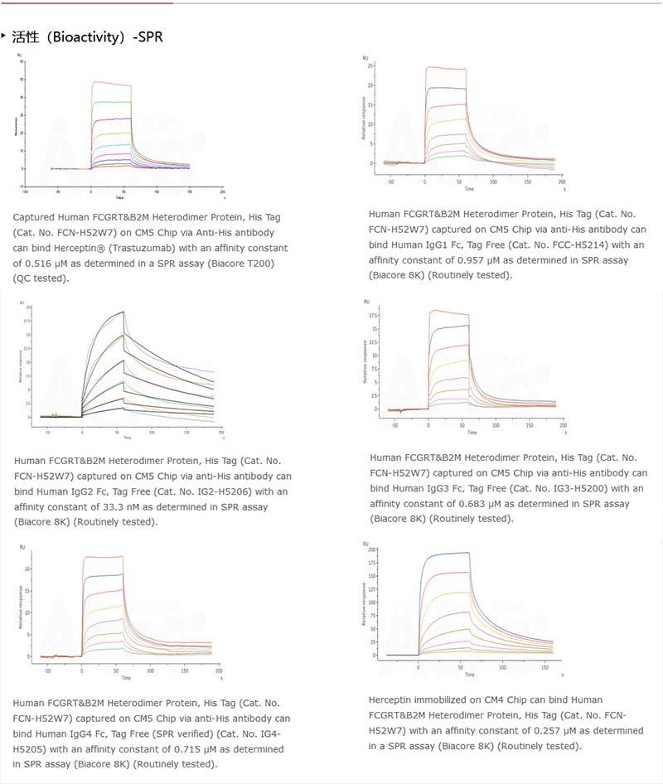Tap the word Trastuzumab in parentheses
[x=199, y=248]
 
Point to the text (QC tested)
[x=41, y=278]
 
